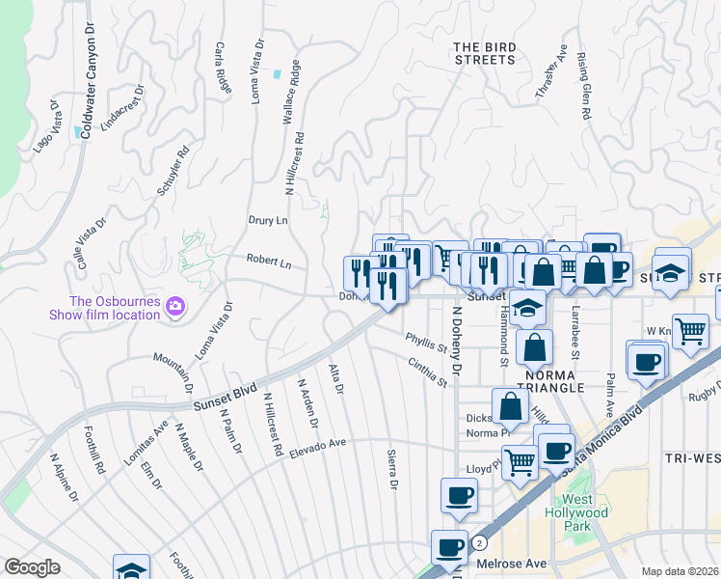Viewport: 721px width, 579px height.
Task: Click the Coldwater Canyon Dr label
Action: (x=87, y=74)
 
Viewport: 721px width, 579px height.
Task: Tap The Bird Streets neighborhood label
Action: (x=484, y=53)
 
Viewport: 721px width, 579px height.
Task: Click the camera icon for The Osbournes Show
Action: (x=174, y=307)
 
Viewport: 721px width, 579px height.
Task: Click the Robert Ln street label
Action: (x=268, y=261)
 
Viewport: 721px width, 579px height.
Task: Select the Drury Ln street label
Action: (x=268, y=220)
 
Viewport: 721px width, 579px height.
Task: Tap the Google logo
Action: (x=32, y=566)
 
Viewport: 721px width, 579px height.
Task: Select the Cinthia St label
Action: (x=428, y=371)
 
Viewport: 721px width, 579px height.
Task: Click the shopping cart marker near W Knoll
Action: (x=691, y=331)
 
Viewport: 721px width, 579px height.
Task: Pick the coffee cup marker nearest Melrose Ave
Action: (x=449, y=546)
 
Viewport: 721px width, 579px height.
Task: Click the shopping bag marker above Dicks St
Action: (x=510, y=405)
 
